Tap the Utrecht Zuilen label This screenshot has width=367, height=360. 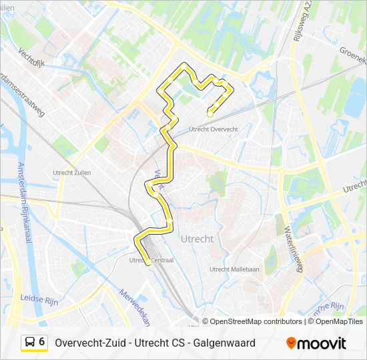click(71, 173)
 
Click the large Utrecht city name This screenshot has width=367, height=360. click(197, 238)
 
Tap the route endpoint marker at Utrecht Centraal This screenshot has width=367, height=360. click(147, 263)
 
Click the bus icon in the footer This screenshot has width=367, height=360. click(30, 343)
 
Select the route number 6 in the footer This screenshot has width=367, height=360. click(42, 342)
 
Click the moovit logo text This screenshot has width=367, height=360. click(322, 343)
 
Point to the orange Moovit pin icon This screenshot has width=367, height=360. click(291, 343)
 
